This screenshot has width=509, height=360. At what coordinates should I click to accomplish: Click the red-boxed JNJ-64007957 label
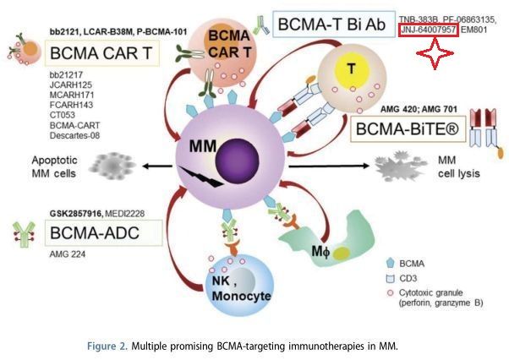point(429,30)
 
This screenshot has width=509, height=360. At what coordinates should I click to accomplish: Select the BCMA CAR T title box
point(101,53)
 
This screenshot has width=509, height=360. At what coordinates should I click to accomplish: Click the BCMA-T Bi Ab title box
point(334,25)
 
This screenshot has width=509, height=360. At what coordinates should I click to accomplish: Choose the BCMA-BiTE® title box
point(408,129)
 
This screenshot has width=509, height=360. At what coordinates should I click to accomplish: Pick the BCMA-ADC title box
point(103,233)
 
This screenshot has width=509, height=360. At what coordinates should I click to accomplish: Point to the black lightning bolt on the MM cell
point(200,177)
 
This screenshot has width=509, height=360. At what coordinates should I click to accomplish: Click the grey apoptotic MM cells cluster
point(112,166)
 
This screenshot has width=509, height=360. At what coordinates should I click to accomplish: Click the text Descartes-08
point(74,135)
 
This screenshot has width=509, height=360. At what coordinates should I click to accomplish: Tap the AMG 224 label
point(68,254)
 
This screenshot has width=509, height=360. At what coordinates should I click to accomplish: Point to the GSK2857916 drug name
point(76,214)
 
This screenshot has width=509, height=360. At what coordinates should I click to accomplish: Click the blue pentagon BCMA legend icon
point(390,263)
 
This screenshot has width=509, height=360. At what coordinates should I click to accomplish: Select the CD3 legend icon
point(390,278)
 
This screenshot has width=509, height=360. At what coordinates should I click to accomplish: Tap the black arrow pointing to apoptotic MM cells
point(157,166)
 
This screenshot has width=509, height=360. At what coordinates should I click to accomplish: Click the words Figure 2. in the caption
point(107,346)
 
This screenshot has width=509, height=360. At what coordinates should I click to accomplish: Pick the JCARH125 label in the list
point(71,85)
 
